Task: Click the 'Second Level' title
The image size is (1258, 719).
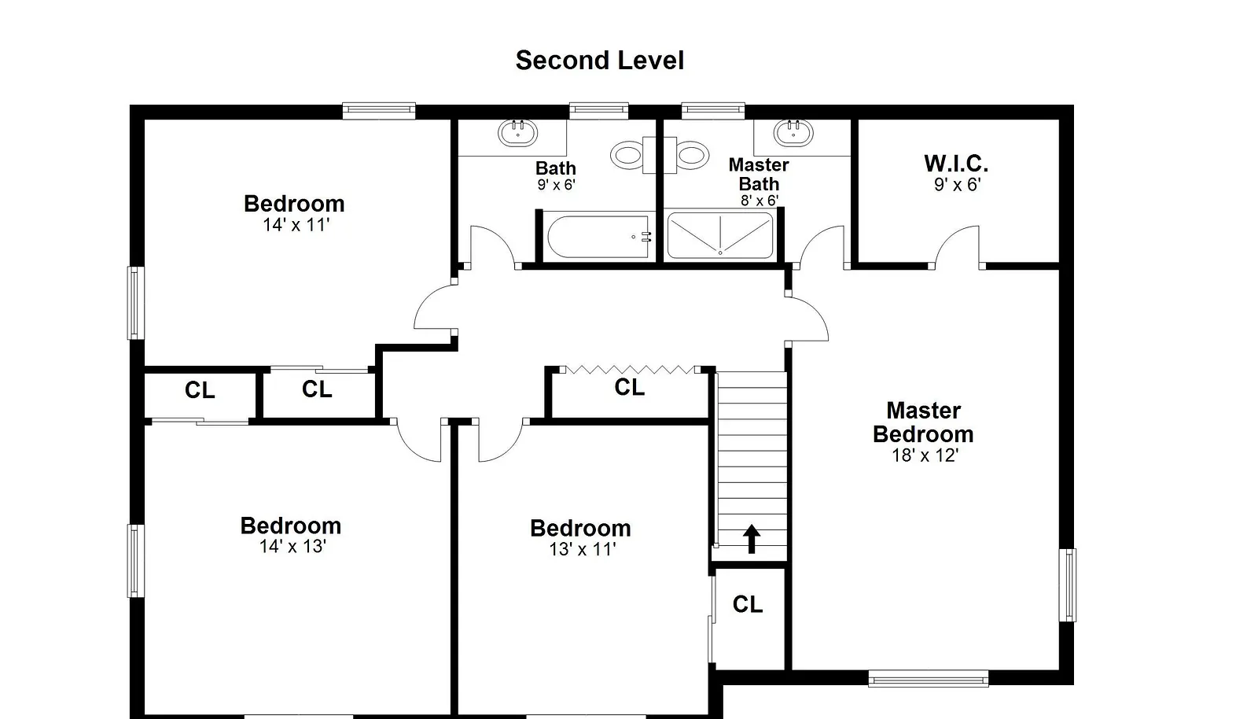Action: click(600, 61)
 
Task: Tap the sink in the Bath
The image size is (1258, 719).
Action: click(518, 133)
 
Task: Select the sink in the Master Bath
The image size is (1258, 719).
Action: click(793, 133)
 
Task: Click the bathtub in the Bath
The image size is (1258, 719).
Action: click(598, 237)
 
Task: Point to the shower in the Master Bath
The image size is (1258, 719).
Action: click(720, 234)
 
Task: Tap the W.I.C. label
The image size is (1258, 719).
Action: click(956, 164)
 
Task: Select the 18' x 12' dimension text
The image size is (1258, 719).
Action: click(925, 455)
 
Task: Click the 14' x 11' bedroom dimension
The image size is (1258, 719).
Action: click(296, 225)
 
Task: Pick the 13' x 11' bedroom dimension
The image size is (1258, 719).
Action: click(583, 549)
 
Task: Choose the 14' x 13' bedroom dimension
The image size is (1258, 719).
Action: click(292, 546)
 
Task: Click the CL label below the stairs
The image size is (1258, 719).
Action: click(748, 604)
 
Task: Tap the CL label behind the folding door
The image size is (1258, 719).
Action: click(630, 387)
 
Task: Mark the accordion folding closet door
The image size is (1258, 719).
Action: click(630, 370)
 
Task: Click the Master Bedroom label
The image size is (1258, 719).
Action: click(923, 422)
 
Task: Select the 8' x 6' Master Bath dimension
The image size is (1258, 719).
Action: click(760, 201)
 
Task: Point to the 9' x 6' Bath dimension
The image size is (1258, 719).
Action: click(556, 184)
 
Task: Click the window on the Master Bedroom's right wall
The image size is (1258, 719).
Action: click(1068, 585)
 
